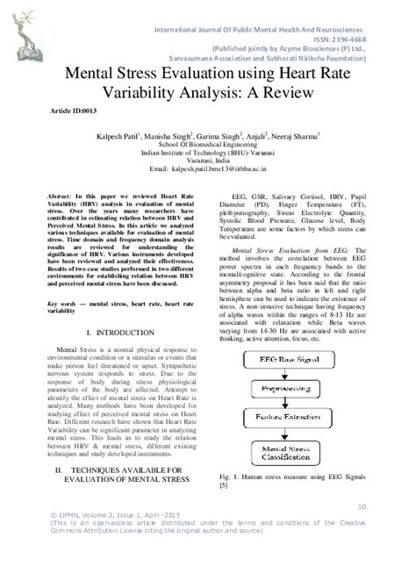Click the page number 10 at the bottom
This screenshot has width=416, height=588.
tap(362, 506)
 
